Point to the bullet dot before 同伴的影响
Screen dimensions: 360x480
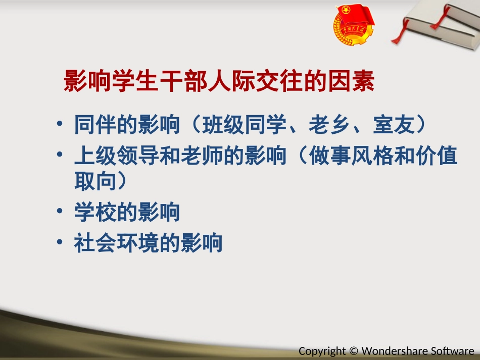point(61,124)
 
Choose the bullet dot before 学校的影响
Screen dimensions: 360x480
point(61,212)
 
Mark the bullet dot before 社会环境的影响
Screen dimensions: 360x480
point(61,243)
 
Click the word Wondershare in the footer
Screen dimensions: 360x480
point(393,351)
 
